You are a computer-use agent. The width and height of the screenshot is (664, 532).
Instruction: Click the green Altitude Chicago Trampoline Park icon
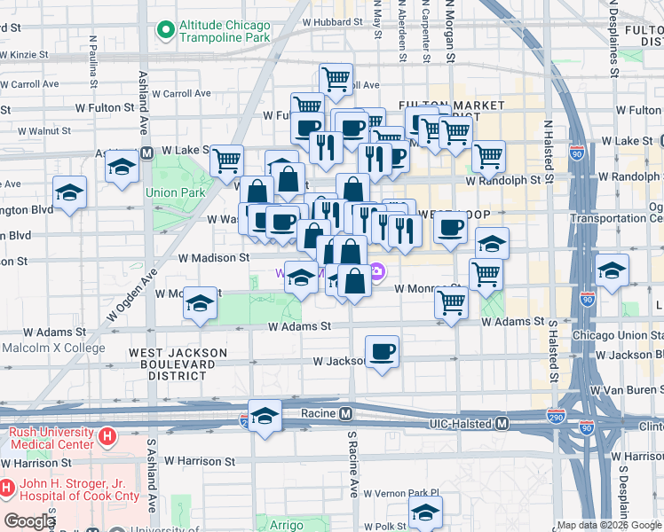tap(164, 31)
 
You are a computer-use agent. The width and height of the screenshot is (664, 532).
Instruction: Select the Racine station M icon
tap(346, 414)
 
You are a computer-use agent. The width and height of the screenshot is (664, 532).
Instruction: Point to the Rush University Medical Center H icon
tap(107, 436)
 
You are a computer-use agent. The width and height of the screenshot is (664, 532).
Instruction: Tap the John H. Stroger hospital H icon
tap(7, 487)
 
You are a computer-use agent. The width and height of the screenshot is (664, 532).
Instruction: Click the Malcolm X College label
tap(53, 348)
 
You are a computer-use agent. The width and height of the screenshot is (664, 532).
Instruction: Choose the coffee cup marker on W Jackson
tap(382, 352)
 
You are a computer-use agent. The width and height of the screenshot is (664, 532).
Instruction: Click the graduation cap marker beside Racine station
tap(265, 415)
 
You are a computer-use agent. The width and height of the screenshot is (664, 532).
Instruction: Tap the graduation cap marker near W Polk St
tap(425, 512)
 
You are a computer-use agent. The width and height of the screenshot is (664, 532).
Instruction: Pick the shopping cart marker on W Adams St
tap(452, 302)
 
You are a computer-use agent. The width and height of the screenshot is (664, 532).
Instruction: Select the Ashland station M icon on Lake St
tap(147, 152)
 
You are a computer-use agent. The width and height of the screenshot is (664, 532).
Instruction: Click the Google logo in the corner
tap(29, 521)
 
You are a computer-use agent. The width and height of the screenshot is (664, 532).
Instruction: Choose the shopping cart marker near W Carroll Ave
tap(336, 79)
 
